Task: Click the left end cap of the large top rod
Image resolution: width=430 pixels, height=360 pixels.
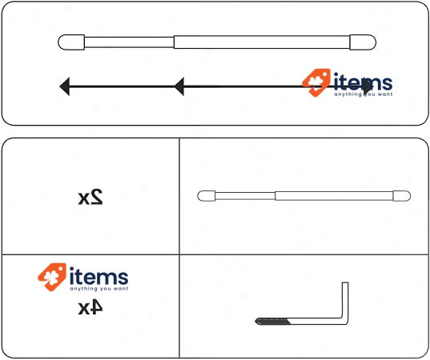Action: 71,42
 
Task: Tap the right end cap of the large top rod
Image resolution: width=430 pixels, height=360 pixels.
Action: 363,42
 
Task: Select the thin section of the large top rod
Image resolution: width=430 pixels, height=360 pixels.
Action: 129,42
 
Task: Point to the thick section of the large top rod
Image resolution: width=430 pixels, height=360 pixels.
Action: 262,42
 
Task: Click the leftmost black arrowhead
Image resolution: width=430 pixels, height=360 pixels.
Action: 65,86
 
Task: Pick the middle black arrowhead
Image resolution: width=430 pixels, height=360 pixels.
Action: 179,86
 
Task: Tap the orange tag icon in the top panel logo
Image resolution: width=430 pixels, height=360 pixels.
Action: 316,82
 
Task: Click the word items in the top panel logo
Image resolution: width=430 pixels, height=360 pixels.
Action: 363,82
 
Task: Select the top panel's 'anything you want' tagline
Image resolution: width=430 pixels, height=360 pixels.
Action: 363,94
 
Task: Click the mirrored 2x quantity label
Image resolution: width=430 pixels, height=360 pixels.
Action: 90,197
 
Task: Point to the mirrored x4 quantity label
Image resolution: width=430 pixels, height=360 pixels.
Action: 90,308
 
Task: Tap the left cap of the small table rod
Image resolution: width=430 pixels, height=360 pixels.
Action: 207,196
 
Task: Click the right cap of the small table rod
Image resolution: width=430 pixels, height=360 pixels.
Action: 402,196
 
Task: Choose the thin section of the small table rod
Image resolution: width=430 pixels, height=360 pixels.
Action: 245,196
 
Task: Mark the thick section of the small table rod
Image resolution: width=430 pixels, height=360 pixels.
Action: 334,196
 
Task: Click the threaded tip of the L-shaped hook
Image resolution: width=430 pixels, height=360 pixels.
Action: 272,321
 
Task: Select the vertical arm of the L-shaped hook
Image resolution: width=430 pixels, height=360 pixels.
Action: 345,301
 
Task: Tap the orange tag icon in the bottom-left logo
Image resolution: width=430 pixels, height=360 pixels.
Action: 52,277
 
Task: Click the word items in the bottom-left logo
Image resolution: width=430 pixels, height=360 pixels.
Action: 98,277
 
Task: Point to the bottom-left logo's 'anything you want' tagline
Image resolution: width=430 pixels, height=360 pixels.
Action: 99,289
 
